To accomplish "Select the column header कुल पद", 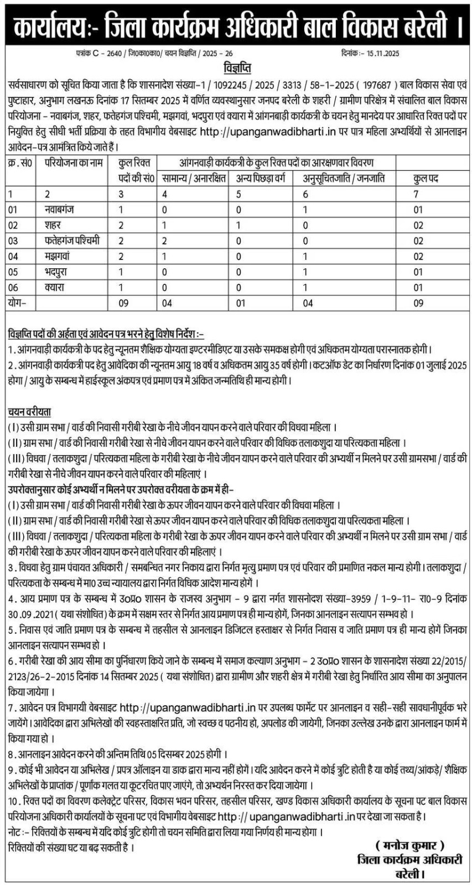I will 426,178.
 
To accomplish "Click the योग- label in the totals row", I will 19,303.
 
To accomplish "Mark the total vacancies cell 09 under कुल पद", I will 418,303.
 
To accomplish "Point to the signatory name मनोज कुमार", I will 409,845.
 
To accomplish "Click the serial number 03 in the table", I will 13,241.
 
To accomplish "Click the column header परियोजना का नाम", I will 71,164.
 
